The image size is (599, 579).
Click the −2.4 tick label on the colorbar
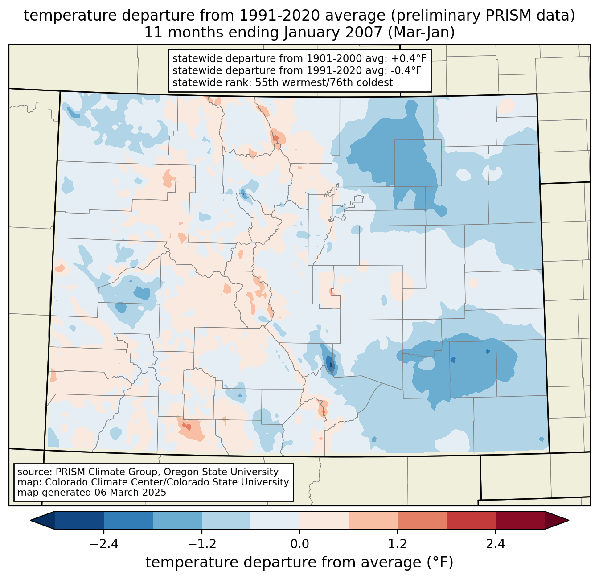(104, 544)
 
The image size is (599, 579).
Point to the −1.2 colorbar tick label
(202, 544)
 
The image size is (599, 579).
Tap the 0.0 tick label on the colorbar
(299, 544)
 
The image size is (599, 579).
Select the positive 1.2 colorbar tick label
(398, 544)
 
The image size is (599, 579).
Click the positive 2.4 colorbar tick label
(495, 544)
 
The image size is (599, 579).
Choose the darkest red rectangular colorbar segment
(520, 520)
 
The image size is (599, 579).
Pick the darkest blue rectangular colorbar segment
(79, 520)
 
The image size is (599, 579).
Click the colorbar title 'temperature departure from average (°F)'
(299, 563)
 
